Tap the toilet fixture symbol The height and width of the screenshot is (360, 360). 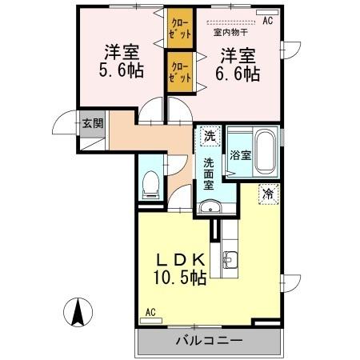coord(150,186)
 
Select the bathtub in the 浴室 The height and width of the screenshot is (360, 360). coord(266,153)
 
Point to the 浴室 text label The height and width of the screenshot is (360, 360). coord(241,155)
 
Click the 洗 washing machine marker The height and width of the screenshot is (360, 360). coord(209,136)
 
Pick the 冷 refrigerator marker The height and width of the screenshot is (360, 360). coord(267,193)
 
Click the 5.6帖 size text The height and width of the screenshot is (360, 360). coord(122,70)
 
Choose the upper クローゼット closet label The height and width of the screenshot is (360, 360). coord(178,29)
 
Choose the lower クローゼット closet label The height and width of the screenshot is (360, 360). coord(178,70)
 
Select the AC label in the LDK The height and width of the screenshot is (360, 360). coord(150,313)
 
